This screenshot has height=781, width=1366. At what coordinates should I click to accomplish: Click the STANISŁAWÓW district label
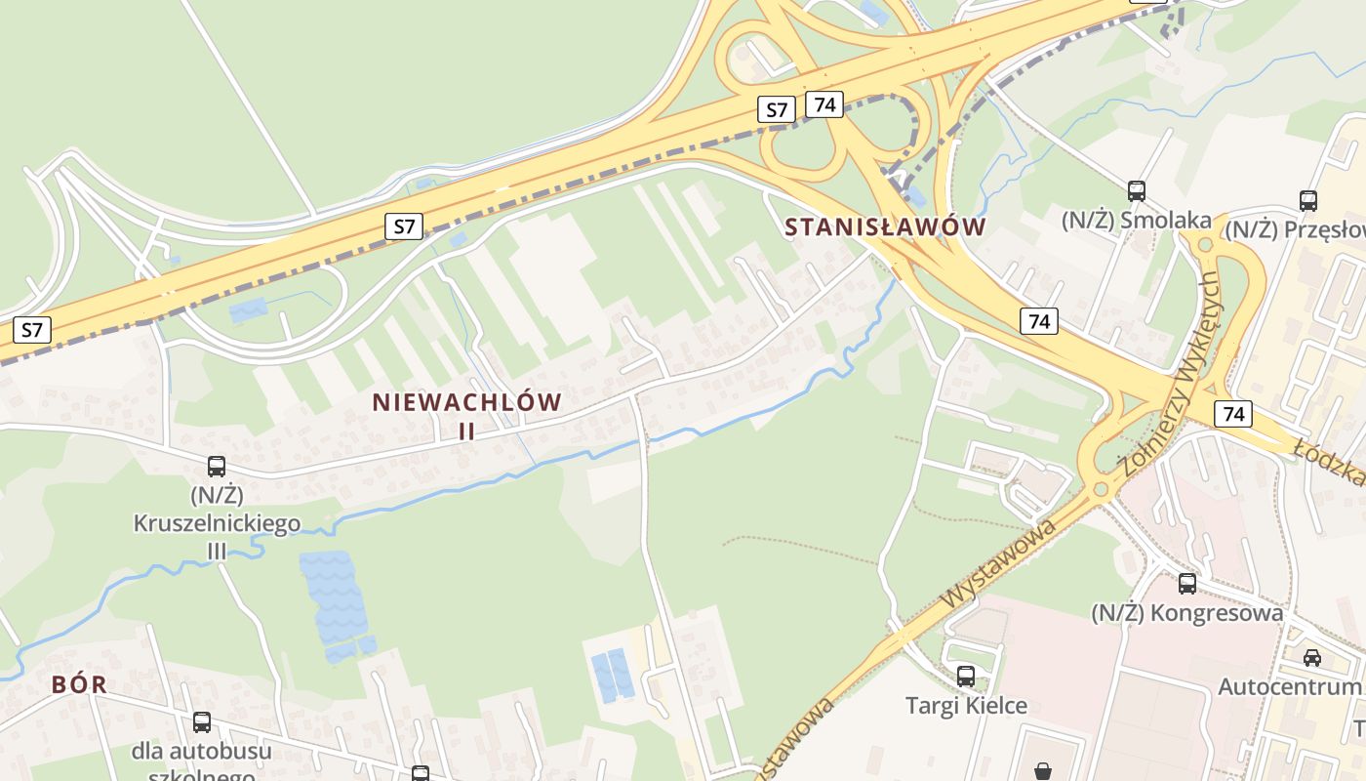(885, 227)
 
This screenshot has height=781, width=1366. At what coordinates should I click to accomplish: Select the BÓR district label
(79, 684)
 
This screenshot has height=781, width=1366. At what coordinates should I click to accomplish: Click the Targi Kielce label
(966, 705)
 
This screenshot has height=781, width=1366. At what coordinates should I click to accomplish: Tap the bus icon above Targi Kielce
(966, 676)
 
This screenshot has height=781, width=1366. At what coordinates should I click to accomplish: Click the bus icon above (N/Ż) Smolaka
(1136, 190)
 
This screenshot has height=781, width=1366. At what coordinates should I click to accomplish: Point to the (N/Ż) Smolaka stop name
(1136, 221)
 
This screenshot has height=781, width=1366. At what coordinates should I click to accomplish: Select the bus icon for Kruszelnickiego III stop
(217, 467)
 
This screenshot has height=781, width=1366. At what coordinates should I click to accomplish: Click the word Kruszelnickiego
(217, 524)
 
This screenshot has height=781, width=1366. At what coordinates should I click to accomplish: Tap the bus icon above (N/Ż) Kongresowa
(1186, 584)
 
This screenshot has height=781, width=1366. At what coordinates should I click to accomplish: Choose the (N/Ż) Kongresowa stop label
(1186, 613)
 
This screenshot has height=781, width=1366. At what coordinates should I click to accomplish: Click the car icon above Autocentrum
(1312, 657)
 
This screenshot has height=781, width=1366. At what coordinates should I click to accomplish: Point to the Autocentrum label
(1289, 687)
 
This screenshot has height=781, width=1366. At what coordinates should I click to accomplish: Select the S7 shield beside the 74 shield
(776, 109)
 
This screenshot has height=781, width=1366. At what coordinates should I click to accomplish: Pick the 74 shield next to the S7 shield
(824, 104)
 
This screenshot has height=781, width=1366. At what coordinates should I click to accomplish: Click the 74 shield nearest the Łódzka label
(1233, 414)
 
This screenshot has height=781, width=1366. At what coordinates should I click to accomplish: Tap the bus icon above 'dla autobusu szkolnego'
(202, 722)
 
